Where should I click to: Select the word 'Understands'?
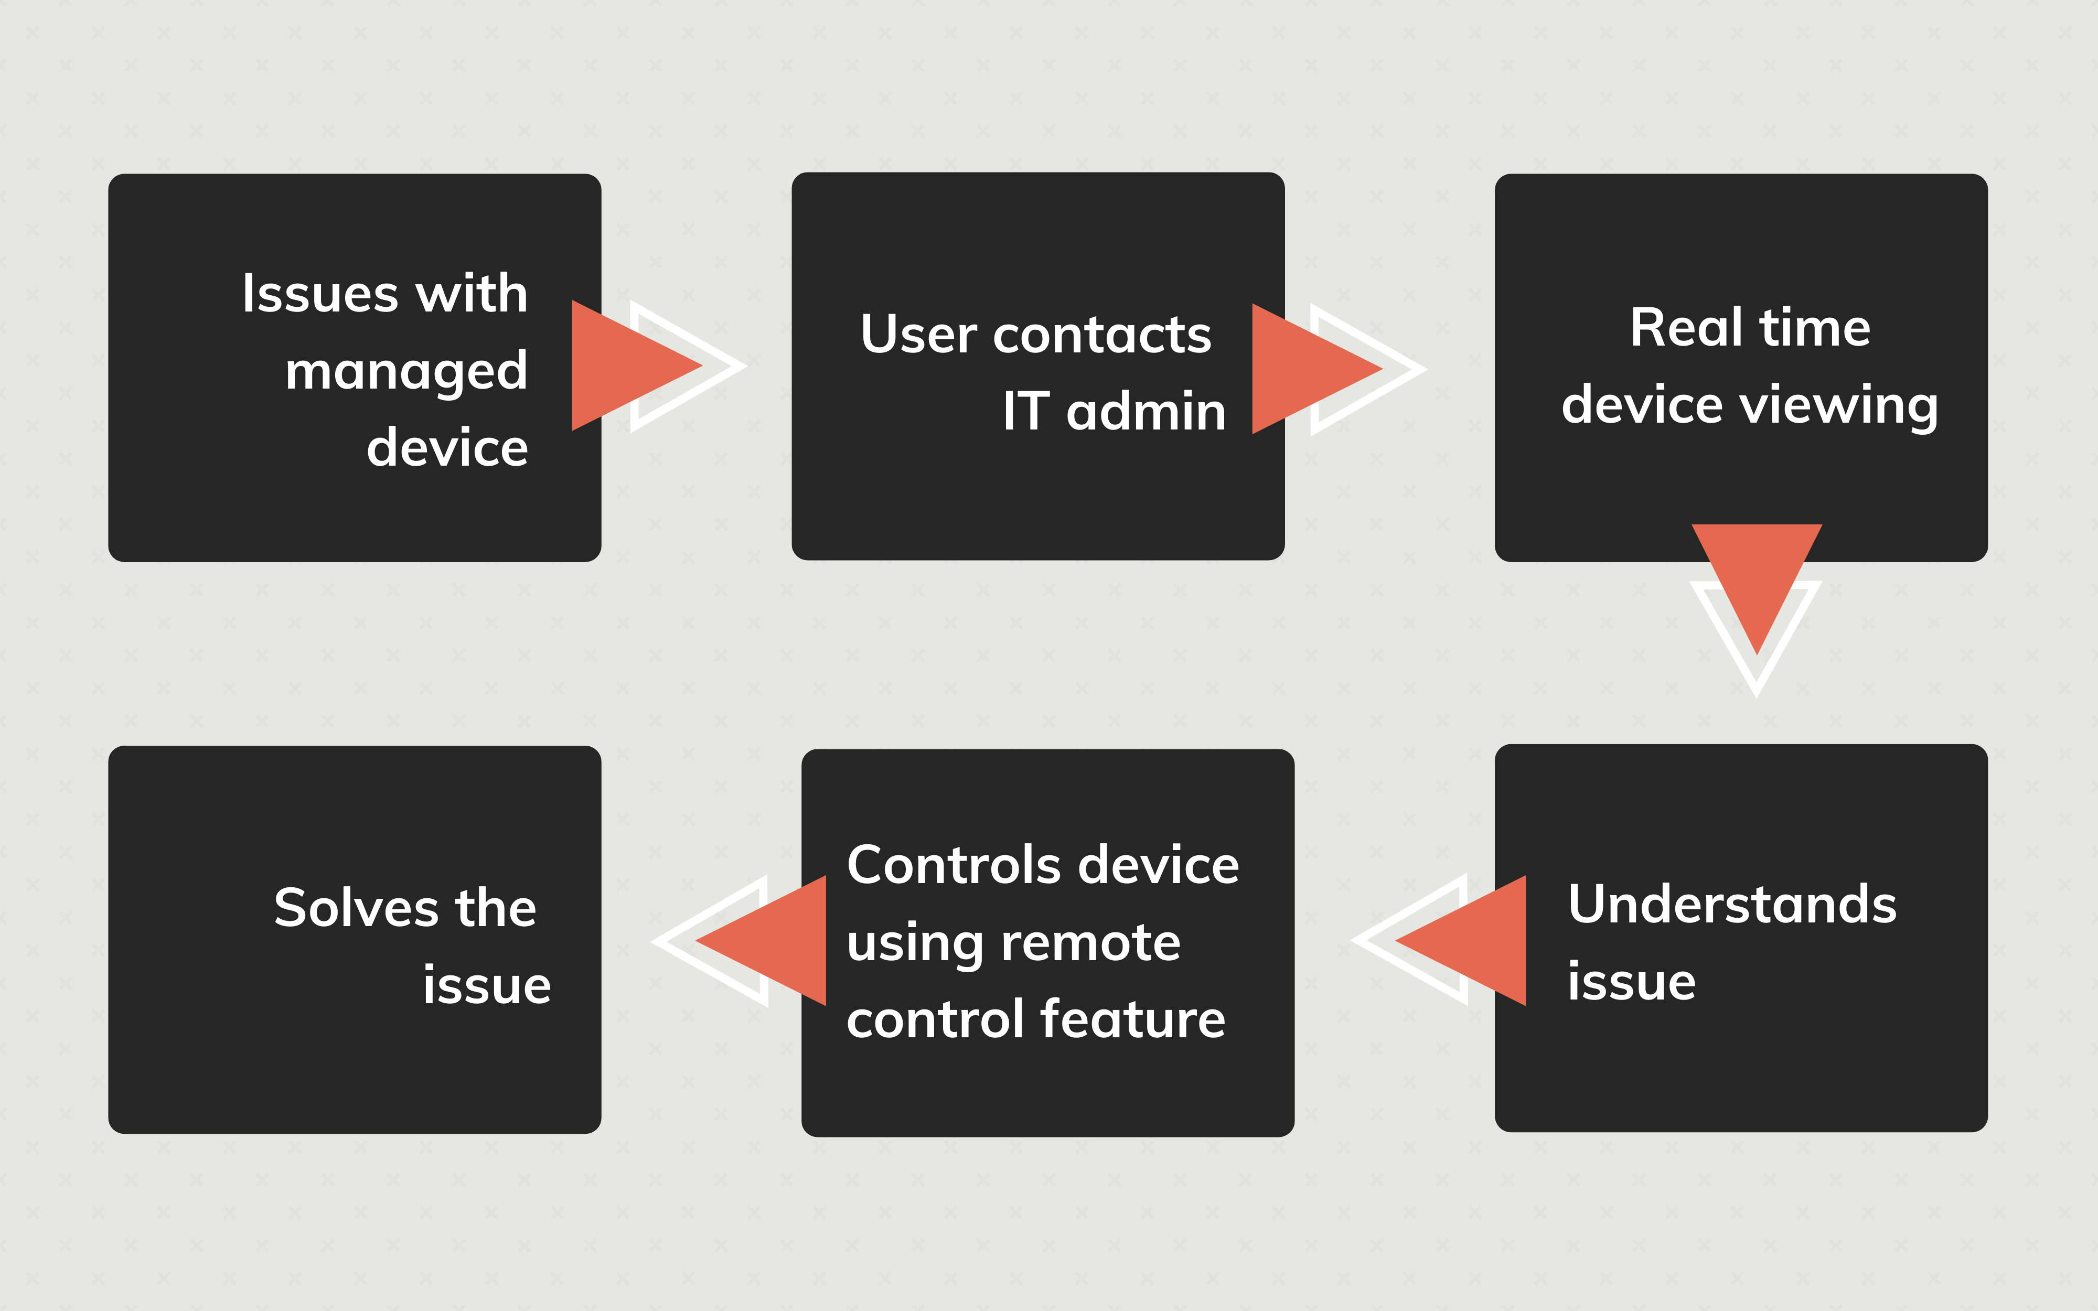click(x=1732, y=905)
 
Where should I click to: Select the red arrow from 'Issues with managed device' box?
click(x=628, y=366)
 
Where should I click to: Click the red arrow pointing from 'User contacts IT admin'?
click(x=1309, y=369)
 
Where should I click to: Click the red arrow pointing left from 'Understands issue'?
click(x=1470, y=941)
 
